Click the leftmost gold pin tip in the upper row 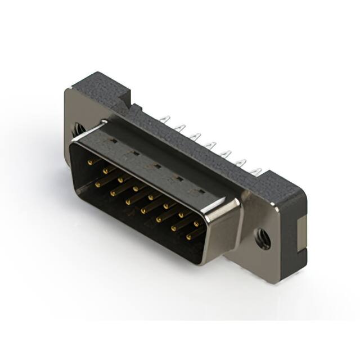[89, 161]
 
